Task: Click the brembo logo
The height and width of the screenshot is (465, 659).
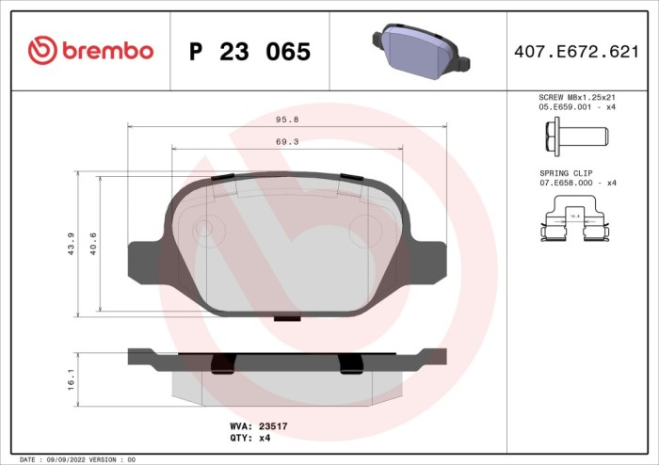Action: pyautogui.click(x=90, y=51)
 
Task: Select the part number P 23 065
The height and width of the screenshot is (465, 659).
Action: pyautogui.click(x=249, y=53)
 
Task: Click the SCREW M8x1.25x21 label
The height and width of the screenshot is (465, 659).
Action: pyautogui.click(x=576, y=97)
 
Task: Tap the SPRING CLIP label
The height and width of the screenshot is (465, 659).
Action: pyautogui.click(x=565, y=173)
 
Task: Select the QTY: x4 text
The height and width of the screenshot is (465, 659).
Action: pyautogui.click(x=250, y=438)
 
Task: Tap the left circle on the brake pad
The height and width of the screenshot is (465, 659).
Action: pyautogui.click(x=203, y=228)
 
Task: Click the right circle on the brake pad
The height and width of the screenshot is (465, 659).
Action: pyautogui.click(x=362, y=228)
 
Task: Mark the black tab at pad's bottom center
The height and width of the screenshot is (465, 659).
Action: pyautogui.click(x=286, y=318)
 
